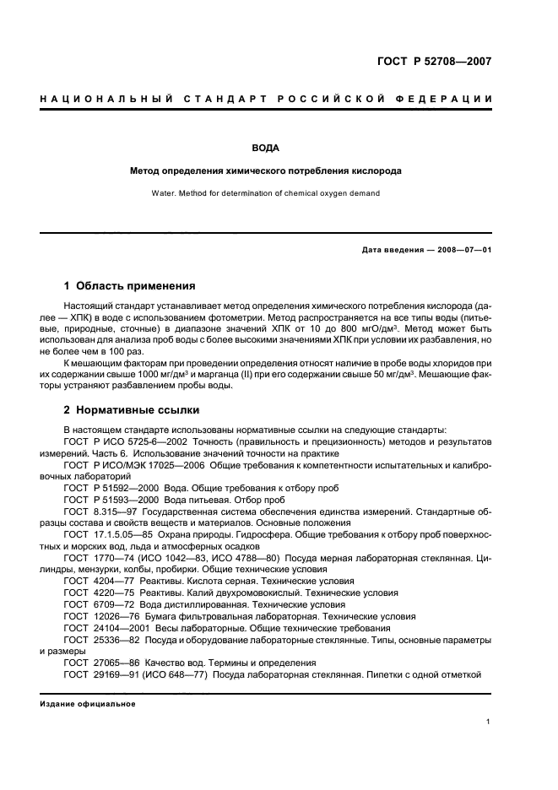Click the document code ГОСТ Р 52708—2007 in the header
pyautogui.click(x=434, y=62)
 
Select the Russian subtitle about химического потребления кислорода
pyautogui.click(x=266, y=170)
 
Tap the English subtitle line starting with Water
pyautogui.click(x=266, y=193)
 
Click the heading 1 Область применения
pyautogui.click(x=130, y=285)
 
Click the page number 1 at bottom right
pyautogui.click(x=488, y=722)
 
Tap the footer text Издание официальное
pyautogui.click(x=88, y=703)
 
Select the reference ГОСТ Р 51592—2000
pyautogui.click(x=109, y=488)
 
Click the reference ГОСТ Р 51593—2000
pyautogui.click(x=109, y=499)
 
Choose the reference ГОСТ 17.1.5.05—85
pyautogui.click(x=107, y=534)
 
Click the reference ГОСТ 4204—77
pyautogui.click(x=96, y=581)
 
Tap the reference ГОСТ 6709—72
pyautogui.click(x=96, y=604)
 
